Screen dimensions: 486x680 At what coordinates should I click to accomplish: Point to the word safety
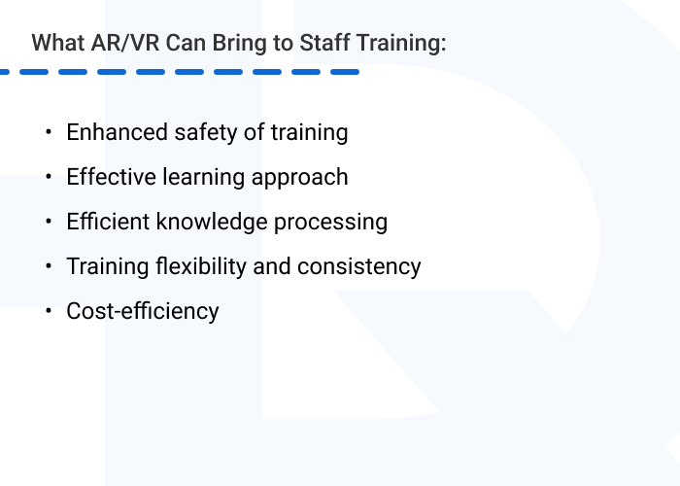pos(199,132)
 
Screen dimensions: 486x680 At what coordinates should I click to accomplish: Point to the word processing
pos(330,223)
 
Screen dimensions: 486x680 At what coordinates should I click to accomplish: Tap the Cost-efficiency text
pos(143,311)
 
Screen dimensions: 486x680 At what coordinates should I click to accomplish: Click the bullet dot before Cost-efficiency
pos(48,312)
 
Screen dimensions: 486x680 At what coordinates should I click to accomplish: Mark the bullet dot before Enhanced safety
pos(48,133)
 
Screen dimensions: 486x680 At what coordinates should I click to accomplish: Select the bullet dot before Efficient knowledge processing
pos(48,223)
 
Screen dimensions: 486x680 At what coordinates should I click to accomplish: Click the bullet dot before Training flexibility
pos(48,267)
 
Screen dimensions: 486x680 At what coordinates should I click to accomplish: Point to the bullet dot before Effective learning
pos(48,178)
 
